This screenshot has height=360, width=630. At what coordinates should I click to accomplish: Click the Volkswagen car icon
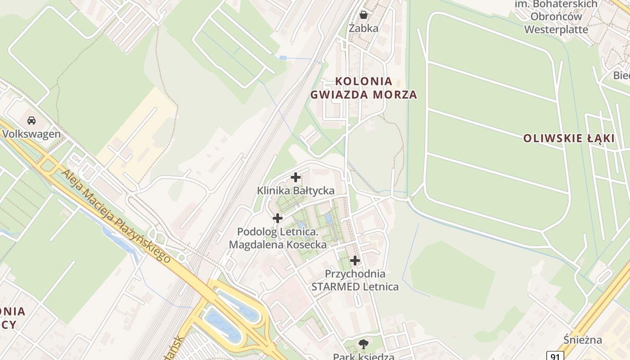point(31,121)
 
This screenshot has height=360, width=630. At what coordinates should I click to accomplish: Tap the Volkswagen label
point(31,134)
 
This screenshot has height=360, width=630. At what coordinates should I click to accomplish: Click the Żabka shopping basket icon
point(364,15)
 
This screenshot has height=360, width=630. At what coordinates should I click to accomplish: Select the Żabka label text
point(364,28)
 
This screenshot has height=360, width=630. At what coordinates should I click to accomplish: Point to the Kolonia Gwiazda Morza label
point(364,88)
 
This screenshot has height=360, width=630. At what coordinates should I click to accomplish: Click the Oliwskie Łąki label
point(569,139)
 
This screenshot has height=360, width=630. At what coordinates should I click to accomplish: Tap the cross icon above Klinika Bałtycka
point(296,177)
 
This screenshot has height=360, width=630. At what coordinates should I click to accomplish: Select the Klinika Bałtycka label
point(296,191)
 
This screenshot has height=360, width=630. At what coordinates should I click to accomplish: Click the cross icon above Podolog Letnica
point(278,218)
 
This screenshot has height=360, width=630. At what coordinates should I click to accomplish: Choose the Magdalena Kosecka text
point(278,245)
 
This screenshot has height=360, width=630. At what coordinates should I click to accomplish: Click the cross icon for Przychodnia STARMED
point(355,260)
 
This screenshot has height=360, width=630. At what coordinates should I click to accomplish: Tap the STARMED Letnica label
point(355,287)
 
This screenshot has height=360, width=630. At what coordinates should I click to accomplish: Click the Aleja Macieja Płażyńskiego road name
point(116,216)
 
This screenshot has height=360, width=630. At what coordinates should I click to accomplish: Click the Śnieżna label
point(583,340)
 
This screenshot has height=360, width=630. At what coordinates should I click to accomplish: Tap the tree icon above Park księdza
point(363,345)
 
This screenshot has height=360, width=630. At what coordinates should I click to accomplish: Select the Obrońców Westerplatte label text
point(556,23)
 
